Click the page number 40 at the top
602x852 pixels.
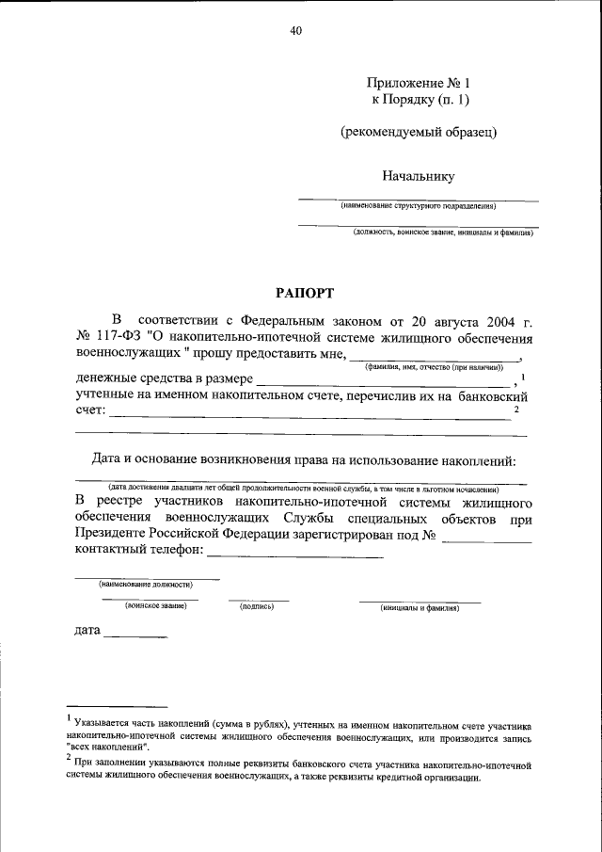(x=296, y=31)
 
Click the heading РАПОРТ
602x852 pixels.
(x=301, y=293)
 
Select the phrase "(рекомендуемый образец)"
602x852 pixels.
(x=419, y=132)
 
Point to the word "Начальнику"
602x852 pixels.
(x=419, y=175)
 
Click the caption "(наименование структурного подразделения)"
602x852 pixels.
(x=419, y=205)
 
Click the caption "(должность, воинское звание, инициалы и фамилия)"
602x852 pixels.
(x=443, y=232)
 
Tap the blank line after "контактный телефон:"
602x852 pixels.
(x=301, y=557)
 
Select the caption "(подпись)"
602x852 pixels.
(x=257, y=607)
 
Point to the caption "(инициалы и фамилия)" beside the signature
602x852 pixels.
(x=420, y=608)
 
